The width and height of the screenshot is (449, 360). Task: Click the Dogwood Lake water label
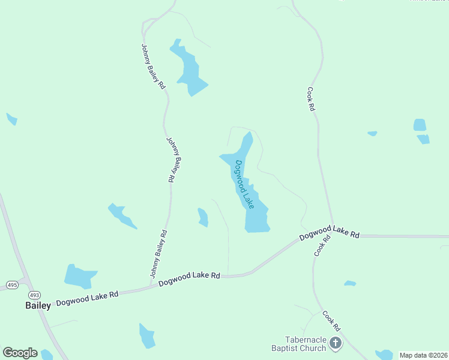click(x=245, y=184)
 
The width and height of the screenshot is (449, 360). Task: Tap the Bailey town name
click(x=38, y=305)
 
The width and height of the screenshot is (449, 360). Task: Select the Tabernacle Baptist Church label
click(x=298, y=344)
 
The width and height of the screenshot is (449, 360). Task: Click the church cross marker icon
click(x=336, y=344)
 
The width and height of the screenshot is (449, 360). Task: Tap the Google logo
click(x=20, y=353)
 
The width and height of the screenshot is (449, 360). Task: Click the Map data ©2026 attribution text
click(x=423, y=355)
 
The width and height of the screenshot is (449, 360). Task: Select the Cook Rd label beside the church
click(x=331, y=321)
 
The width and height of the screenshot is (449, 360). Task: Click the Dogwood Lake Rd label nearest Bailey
click(x=87, y=298)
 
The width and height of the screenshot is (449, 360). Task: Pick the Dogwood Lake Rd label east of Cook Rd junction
click(x=329, y=233)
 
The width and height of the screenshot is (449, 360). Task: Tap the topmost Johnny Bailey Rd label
click(x=153, y=67)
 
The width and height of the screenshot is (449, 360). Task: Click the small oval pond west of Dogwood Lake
click(x=203, y=217)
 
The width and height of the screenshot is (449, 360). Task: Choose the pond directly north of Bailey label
click(x=79, y=276)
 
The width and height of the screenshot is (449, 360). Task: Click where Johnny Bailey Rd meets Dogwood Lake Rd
click(x=149, y=286)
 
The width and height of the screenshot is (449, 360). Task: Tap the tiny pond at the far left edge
click(x=11, y=119)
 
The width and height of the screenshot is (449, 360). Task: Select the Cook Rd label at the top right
click(x=311, y=100)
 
